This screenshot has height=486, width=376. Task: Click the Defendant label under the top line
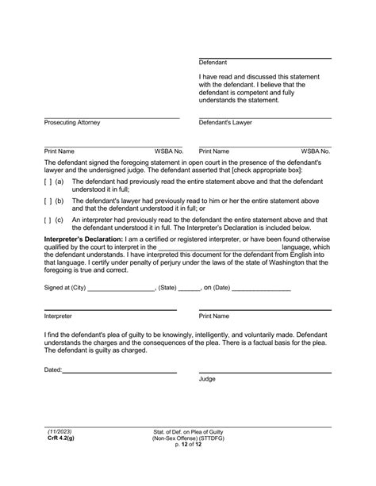click(213, 62)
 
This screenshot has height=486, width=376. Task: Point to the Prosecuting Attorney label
click(72, 123)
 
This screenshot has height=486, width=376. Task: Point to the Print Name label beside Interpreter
click(214, 316)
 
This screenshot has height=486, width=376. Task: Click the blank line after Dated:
click(119, 370)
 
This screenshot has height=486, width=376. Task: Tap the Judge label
click(207, 379)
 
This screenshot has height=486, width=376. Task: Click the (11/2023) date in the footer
click(59, 431)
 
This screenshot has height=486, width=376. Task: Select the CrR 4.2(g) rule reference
click(58, 438)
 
